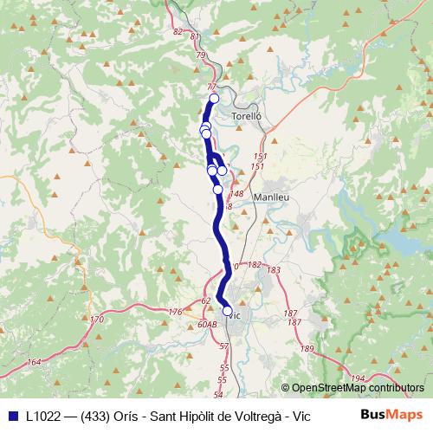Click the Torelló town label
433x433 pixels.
[247, 115]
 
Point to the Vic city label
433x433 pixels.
[232, 315]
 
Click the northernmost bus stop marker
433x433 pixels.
[214, 99]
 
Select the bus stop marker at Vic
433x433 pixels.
[227, 311]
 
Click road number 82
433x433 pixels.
[178, 31]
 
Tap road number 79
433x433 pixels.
[201, 55]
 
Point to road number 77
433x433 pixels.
[212, 87]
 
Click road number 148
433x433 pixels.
[237, 194]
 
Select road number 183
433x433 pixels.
[275, 271]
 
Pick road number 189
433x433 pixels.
[307, 348]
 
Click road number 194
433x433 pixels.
[359, 378]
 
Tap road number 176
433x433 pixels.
[176, 312]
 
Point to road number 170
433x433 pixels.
[96, 320]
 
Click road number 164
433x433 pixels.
[34, 362]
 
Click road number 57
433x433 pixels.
[223, 346]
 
